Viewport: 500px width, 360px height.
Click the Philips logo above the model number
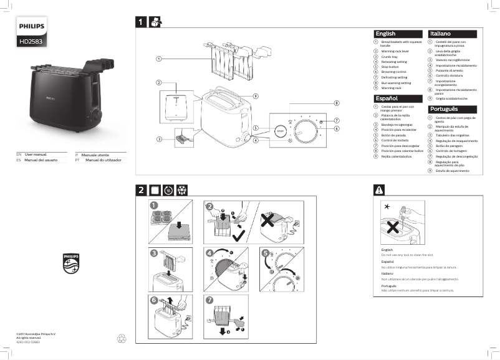(x=30, y=27)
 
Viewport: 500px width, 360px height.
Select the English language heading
(x=386, y=34)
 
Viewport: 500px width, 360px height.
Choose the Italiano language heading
(x=441, y=34)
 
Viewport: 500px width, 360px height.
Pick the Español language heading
(x=387, y=98)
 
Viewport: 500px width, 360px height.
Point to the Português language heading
(x=444, y=109)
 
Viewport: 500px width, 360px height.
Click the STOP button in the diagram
(x=280, y=131)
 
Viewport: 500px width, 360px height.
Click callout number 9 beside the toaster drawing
(x=256, y=95)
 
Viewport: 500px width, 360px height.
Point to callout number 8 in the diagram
(x=335, y=103)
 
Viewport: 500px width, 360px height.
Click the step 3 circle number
(x=153, y=253)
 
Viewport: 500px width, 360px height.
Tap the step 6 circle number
(x=153, y=300)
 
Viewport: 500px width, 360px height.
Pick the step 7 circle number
(x=209, y=300)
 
